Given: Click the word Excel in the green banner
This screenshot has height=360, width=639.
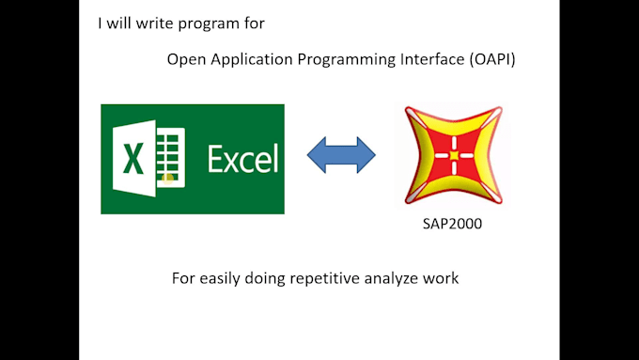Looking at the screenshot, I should click(x=242, y=159).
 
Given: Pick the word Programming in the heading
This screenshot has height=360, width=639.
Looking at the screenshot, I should click(x=331, y=60).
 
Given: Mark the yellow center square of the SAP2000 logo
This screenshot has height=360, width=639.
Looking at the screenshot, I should click(x=453, y=155).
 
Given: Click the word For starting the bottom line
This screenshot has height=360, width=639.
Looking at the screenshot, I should click(x=182, y=279).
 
